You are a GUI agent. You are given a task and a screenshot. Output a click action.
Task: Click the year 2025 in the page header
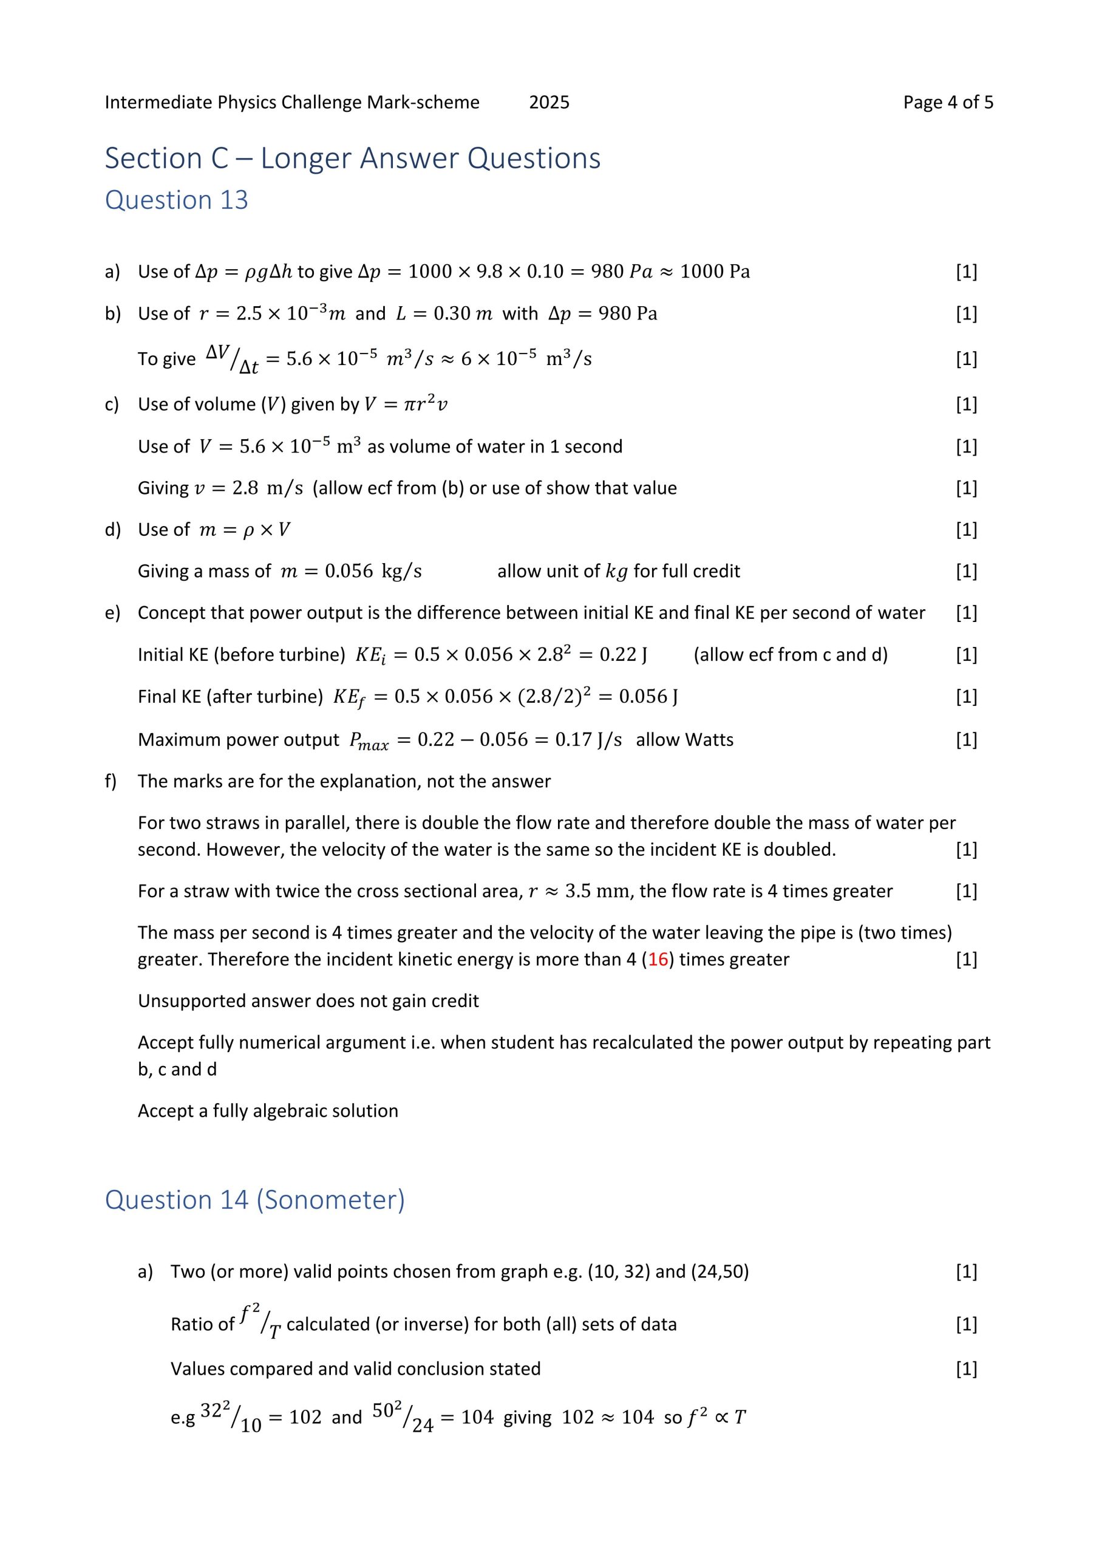click(548, 102)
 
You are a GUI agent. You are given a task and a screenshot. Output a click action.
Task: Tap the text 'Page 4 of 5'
click(948, 102)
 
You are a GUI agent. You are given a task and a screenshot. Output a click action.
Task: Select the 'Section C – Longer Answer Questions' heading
click(352, 159)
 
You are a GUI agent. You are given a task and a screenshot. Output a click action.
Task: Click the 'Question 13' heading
click(176, 200)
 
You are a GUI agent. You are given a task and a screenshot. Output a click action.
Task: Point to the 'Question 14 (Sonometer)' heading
click(254, 1200)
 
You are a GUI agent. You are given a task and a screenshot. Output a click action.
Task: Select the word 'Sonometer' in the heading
click(330, 1200)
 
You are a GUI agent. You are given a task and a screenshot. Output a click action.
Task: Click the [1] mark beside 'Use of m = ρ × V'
click(966, 530)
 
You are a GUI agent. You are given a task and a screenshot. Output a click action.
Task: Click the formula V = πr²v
click(406, 405)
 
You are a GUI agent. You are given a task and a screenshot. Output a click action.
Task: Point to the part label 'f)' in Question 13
click(111, 782)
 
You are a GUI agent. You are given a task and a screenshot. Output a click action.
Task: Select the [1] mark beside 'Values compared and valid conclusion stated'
click(966, 1369)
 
